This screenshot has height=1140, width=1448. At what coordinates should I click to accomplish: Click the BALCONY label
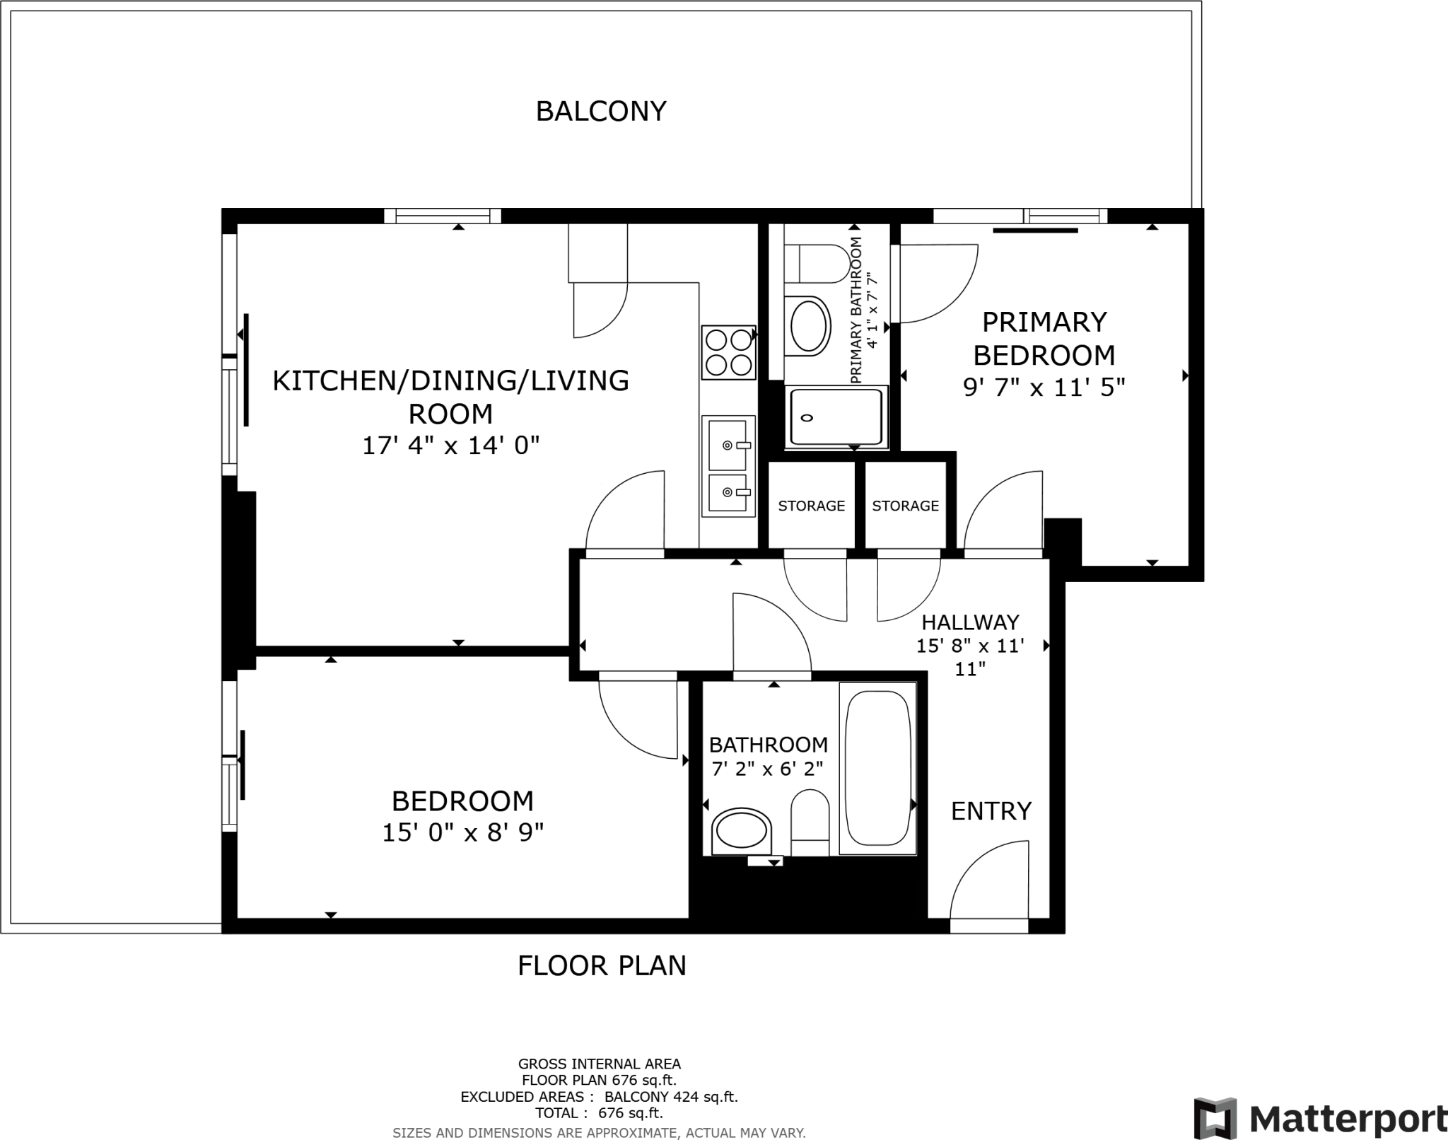(601, 112)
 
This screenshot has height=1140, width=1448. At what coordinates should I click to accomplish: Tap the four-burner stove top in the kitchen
(728, 352)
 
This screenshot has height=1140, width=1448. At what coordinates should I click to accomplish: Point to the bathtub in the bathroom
(877, 768)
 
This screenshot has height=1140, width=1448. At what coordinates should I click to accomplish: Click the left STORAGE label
(811, 506)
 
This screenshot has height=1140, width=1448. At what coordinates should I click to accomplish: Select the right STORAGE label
(905, 506)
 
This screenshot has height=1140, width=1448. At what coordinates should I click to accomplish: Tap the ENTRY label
(991, 811)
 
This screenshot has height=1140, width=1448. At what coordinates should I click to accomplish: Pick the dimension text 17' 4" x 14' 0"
(451, 446)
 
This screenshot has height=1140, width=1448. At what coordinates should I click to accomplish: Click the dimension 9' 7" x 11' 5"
(1044, 388)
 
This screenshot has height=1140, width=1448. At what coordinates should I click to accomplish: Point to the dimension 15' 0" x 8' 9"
(462, 833)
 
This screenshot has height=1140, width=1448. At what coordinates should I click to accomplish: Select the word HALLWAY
(970, 622)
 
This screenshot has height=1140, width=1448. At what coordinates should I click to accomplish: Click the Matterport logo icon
(1215, 1118)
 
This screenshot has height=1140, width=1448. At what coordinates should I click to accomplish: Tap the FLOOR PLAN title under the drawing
(602, 965)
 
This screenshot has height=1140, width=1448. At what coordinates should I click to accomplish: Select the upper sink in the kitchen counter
(728, 445)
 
